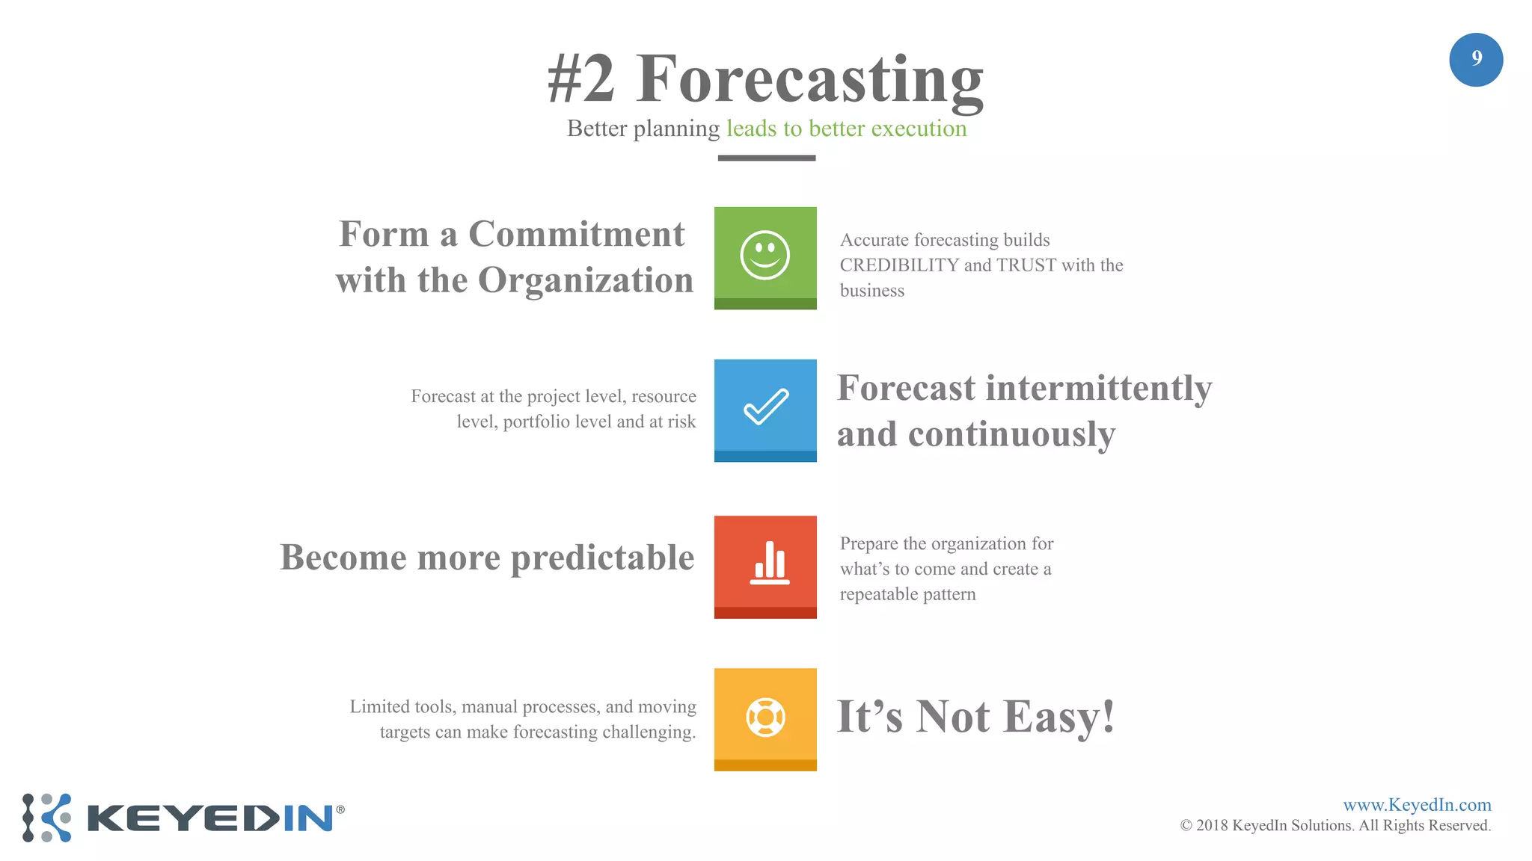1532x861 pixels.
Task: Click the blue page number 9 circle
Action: (x=1475, y=60)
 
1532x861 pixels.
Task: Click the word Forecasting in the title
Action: (x=809, y=78)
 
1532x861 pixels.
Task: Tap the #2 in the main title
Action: (x=581, y=78)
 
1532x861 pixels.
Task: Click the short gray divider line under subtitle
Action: (x=766, y=158)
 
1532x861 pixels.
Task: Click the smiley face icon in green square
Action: (x=765, y=256)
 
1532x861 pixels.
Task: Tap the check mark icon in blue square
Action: (x=765, y=407)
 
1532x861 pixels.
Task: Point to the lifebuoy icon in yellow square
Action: (x=765, y=717)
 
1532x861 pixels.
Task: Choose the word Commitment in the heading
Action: (x=576, y=234)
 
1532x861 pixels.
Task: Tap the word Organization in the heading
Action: (x=585, y=280)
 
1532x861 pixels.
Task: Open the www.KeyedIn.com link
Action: (x=1416, y=805)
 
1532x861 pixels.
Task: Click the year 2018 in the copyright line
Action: (x=1211, y=826)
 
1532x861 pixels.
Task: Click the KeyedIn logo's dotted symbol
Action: (x=46, y=818)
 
